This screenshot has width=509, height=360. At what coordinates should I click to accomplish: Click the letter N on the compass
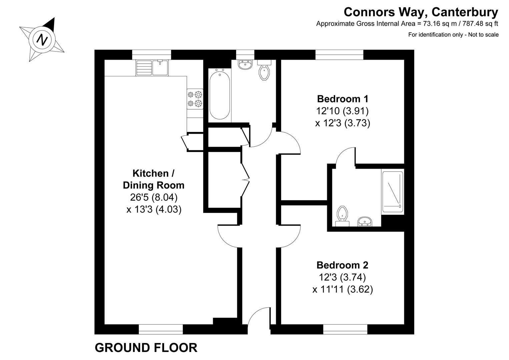click(42, 40)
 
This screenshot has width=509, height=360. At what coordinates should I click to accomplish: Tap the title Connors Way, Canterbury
click(421, 12)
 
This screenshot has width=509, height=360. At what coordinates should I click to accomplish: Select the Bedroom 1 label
click(343, 99)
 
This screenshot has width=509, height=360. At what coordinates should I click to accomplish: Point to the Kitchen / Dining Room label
click(153, 179)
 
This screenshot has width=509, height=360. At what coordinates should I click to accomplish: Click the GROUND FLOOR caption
click(146, 348)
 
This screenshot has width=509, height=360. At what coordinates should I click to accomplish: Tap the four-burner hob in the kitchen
click(195, 99)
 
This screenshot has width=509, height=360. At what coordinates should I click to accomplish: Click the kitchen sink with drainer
click(153, 67)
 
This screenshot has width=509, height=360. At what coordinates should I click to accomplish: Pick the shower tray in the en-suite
click(393, 192)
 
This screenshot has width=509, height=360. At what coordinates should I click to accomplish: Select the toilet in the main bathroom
click(265, 71)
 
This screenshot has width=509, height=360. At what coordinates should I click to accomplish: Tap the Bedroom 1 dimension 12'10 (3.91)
click(342, 111)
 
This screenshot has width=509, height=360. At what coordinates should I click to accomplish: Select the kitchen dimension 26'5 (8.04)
click(154, 197)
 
